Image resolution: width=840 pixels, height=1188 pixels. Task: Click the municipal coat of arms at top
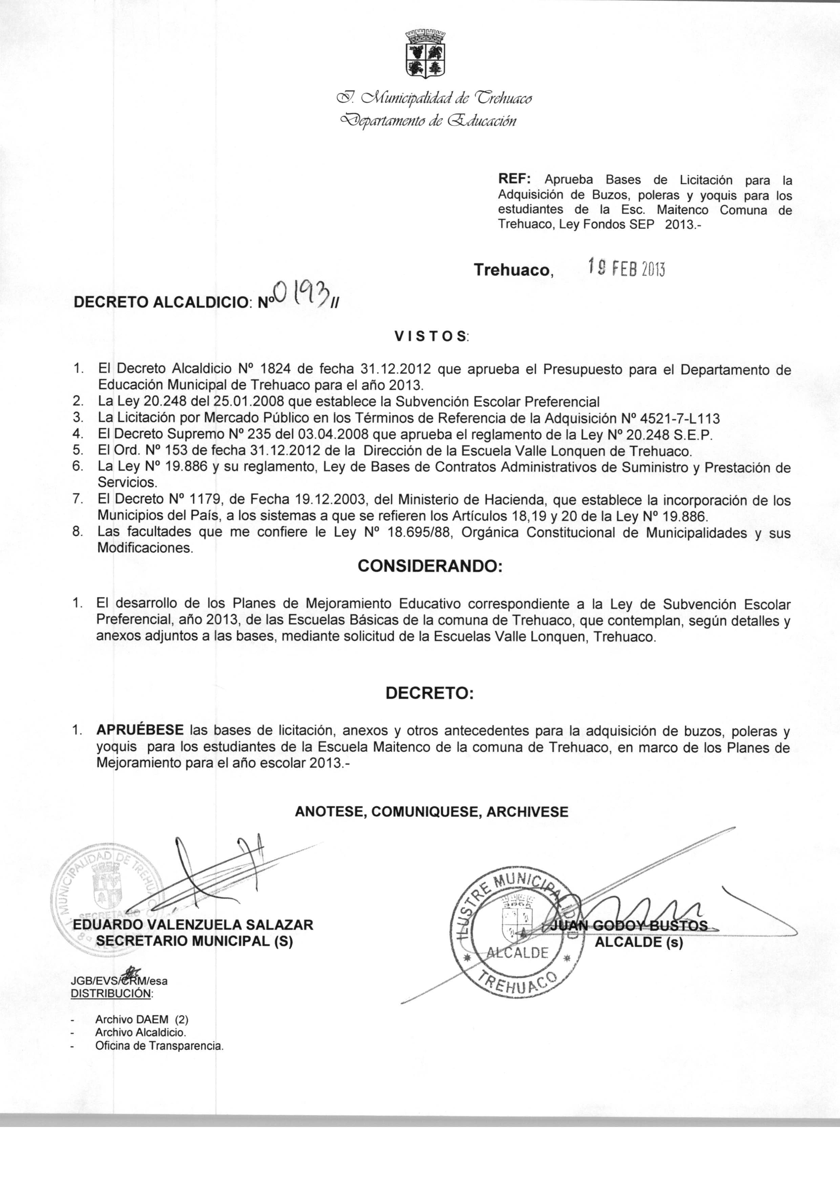(x=425, y=54)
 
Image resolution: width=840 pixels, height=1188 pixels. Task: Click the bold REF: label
(x=513, y=180)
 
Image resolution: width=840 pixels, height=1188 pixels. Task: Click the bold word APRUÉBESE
(x=140, y=730)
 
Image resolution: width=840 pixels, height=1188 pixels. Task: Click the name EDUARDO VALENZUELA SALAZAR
(x=193, y=925)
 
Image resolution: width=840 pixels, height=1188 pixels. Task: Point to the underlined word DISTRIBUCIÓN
(x=111, y=993)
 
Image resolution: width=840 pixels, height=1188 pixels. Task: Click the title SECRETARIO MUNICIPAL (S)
(x=194, y=942)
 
